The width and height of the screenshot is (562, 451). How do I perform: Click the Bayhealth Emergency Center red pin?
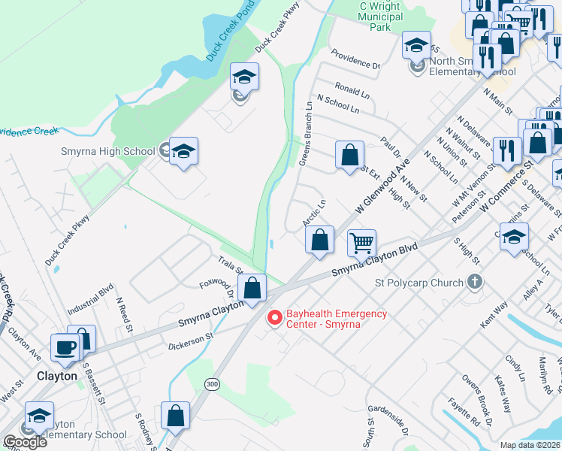click(x=275, y=319)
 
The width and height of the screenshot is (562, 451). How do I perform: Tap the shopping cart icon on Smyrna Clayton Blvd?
click(x=362, y=243)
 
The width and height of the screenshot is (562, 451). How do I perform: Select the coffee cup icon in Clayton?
click(x=65, y=347)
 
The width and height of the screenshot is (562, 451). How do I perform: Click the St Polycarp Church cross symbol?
click(x=473, y=283)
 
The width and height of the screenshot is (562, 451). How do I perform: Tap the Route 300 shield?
click(x=212, y=384)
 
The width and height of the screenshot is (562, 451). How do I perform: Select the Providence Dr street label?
click(x=355, y=60)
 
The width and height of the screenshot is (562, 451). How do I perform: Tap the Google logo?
click(x=24, y=442)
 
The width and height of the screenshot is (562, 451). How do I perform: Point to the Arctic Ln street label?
click(x=314, y=213)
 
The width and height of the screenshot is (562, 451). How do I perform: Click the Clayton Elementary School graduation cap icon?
click(x=39, y=416)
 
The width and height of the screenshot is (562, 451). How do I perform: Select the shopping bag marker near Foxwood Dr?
click(x=252, y=288)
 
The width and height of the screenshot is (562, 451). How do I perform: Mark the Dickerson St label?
click(x=190, y=332)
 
